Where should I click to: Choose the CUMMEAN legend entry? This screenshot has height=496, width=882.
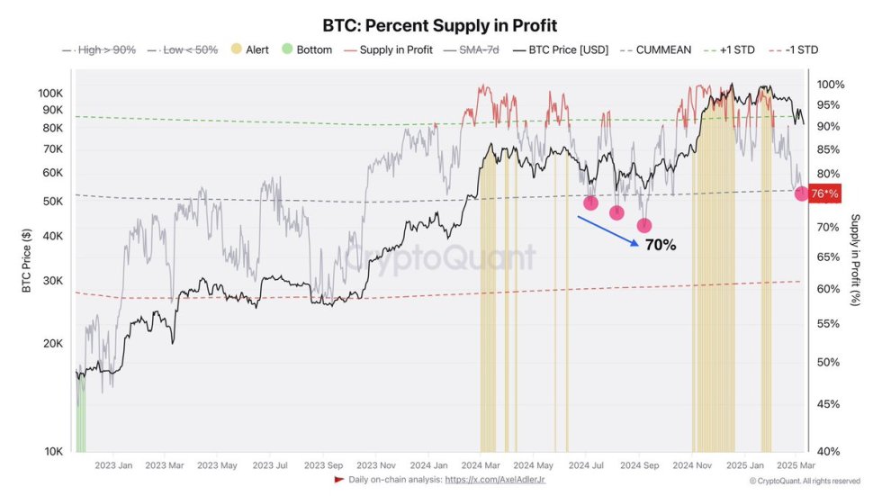coord(655,50)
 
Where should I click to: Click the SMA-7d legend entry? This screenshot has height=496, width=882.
coord(470,50)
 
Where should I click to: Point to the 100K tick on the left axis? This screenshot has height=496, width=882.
coord(50,94)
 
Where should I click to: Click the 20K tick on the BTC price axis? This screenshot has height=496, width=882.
coord(52,344)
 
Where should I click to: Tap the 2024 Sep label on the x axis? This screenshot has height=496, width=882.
coord(640,465)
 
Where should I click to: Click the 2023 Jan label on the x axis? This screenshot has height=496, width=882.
coord(113,465)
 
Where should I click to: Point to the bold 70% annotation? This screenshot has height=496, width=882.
coord(661,245)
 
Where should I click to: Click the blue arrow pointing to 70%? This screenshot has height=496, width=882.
coord(608,230)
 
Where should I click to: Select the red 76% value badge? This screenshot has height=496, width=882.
coord(823,194)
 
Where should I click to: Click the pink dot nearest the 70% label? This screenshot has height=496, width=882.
coord(644,225)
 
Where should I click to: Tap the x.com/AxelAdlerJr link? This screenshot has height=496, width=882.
coord(495,480)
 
